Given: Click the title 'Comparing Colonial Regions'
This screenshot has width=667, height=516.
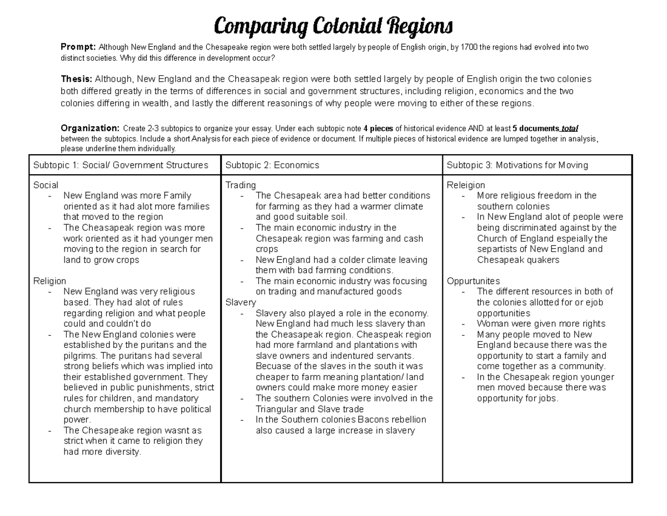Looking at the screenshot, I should coord(333,26).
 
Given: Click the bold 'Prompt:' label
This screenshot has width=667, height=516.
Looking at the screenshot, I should coord(78,47).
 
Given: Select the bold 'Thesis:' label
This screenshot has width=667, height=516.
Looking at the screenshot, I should coord(76,79).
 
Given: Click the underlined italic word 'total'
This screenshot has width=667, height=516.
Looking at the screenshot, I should coord(570,129).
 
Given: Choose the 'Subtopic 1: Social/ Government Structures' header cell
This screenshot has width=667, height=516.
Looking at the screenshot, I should coord(121,165).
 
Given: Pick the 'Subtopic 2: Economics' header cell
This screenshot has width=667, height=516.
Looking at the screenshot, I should coord(272,165).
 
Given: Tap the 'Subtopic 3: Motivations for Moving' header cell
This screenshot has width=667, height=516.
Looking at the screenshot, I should coord(517,165).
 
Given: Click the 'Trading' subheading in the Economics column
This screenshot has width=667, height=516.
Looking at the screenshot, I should coord(241,185).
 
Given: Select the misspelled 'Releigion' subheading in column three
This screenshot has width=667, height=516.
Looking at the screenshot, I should coord(466,185).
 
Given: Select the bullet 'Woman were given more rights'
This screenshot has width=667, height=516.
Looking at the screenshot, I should coord(541,324).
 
